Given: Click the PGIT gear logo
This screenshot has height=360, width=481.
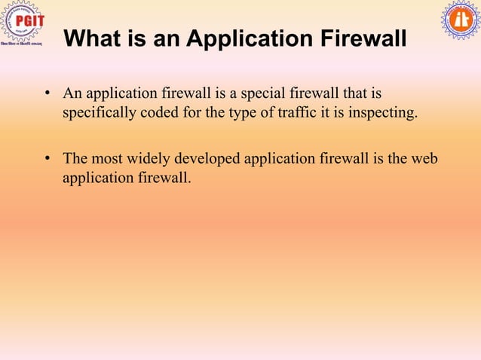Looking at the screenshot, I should tap(21, 23).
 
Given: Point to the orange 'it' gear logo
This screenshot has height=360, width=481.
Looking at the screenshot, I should tap(460, 20).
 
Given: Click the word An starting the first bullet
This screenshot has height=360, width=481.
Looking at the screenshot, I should tap(72, 94).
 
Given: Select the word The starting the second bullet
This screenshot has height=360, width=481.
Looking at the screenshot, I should tap(75, 158).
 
